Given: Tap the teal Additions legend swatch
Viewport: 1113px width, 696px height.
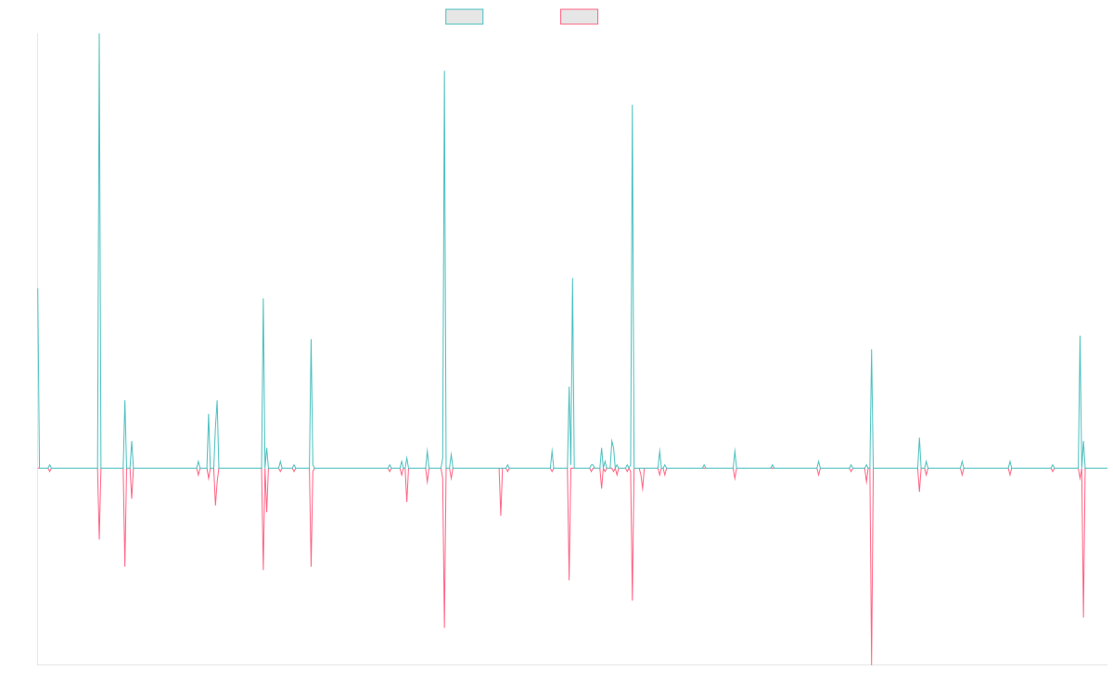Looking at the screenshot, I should point(465,17).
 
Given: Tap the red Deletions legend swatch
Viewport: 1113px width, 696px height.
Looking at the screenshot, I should point(579,17).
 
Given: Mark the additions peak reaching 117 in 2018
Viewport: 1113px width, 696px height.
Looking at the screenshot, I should point(444,71).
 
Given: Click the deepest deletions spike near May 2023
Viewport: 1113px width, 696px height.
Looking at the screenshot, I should point(872,664).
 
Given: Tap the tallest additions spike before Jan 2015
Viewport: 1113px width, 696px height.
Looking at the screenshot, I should point(99,35).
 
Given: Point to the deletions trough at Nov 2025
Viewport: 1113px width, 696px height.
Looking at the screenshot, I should point(1082,617).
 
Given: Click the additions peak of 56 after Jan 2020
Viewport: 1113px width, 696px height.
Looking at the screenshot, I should point(572,278).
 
